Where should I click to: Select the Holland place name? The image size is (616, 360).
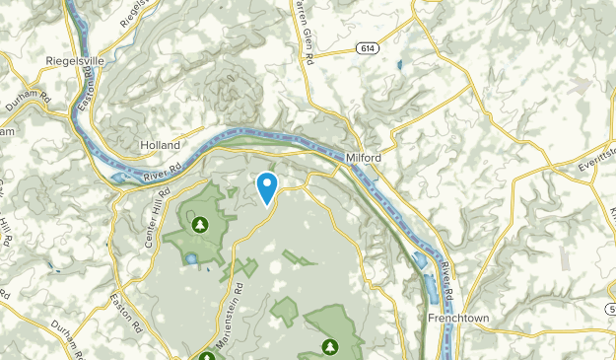(160, 144)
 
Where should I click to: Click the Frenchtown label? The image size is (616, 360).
(459, 319)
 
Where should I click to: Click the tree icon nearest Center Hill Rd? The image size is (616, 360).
(200, 225)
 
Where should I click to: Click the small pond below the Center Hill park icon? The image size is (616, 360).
(190, 260)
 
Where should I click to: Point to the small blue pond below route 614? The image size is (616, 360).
(398, 67)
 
